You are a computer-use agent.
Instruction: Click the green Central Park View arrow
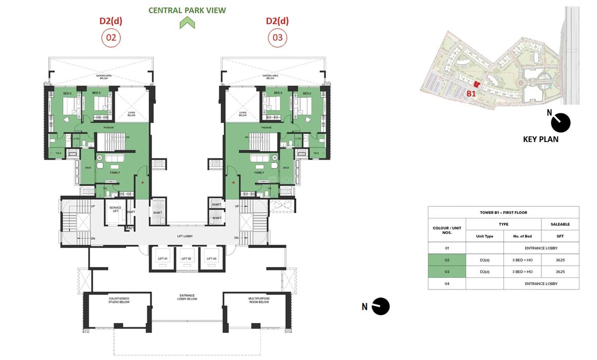(x=187, y=23)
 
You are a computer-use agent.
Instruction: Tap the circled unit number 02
(x=111, y=38)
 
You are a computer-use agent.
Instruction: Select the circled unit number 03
(x=277, y=38)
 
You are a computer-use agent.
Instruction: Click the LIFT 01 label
(x=163, y=258)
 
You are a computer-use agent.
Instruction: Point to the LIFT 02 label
(x=186, y=258)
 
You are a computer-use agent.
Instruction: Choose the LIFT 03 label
(x=210, y=258)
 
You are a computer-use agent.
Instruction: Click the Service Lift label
(x=115, y=210)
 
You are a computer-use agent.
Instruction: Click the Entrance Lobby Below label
(x=186, y=297)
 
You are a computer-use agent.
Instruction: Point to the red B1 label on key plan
(x=471, y=94)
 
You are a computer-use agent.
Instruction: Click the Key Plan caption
(x=540, y=139)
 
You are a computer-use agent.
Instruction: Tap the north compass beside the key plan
(x=560, y=122)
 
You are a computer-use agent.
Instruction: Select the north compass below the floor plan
(x=380, y=307)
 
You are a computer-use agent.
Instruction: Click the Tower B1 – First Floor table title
(x=503, y=212)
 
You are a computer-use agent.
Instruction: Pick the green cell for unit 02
(x=447, y=260)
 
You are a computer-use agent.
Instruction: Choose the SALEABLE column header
(x=560, y=224)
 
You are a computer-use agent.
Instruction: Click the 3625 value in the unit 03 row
(x=560, y=272)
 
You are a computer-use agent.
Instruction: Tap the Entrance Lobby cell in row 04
(x=541, y=283)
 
